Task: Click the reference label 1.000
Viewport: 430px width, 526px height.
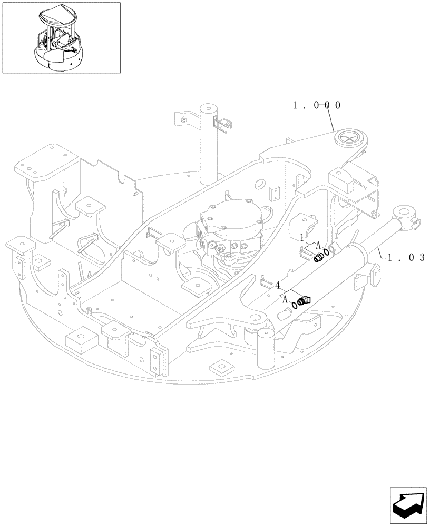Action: (317, 105)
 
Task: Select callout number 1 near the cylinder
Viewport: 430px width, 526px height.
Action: (302, 238)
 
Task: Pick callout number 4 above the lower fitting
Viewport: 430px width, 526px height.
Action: (277, 286)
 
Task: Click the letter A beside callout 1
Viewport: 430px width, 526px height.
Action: (318, 245)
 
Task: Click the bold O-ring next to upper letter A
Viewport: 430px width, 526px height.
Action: (327, 252)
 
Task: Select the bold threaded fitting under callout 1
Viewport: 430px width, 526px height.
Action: (318, 257)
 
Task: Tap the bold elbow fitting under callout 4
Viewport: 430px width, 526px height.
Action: (304, 300)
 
